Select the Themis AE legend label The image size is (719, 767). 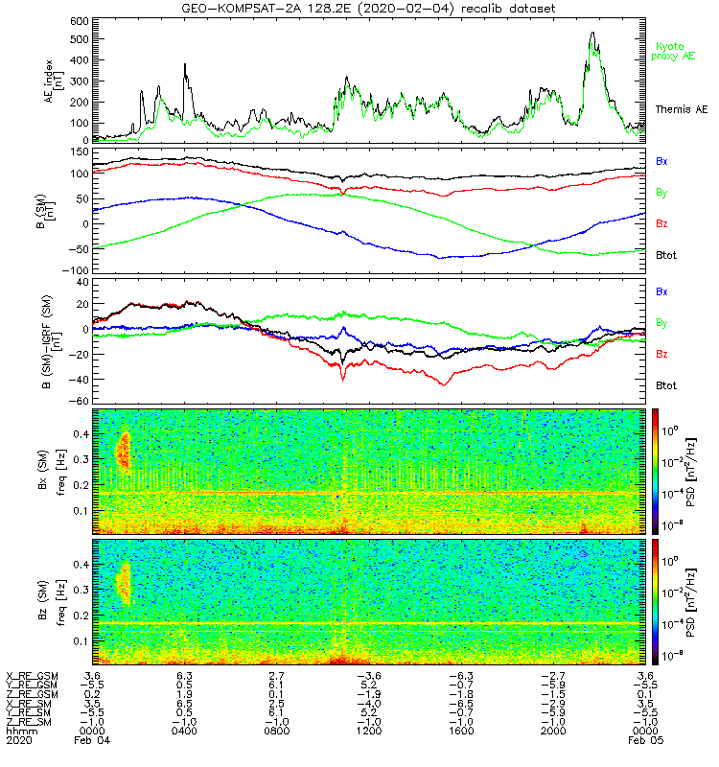(x=680, y=110)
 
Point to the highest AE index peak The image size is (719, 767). (x=592, y=34)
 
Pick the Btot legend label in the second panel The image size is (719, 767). (x=667, y=256)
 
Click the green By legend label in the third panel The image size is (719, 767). (x=662, y=322)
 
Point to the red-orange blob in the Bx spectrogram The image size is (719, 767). (x=123, y=450)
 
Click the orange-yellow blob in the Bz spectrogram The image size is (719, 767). (x=123, y=584)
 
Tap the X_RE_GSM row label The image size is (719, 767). (x=32, y=676)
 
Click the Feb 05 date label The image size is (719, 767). (x=643, y=740)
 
